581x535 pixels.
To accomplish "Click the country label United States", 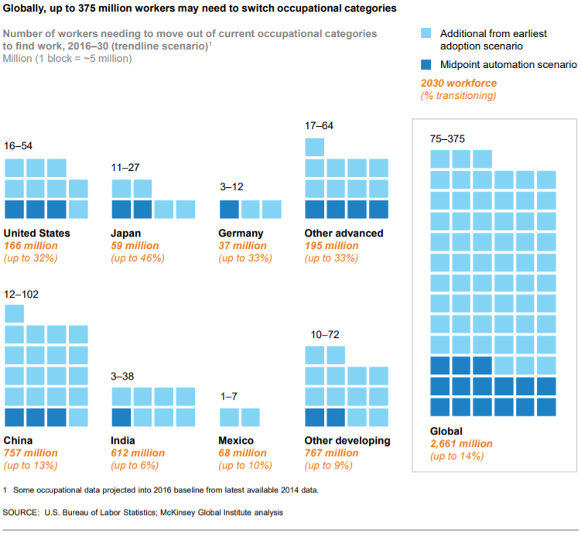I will click(37, 233).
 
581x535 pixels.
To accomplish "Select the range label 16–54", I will click(19, 145).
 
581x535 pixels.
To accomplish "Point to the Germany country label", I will click(241, 233).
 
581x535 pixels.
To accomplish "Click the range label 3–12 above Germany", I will click(233, 186).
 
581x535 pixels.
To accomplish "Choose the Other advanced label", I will click(344, 233).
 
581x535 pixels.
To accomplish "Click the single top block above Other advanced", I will click(314, 147).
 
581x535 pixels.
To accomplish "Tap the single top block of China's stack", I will click(14, 313).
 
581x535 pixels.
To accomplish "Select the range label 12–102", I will click(22, 295).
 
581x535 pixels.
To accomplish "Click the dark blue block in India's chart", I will click(121, 417).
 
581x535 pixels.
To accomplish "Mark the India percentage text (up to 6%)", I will click(137, 465).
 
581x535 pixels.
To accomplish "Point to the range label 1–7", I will click(229, 396).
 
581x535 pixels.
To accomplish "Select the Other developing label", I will click(347, 441).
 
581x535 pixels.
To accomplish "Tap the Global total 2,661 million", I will click(462, 444).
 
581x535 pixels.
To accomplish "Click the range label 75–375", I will click(446, 138).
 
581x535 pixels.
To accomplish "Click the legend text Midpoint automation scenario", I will click(508, 65).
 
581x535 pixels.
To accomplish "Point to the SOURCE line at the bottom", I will click(143, 512).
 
